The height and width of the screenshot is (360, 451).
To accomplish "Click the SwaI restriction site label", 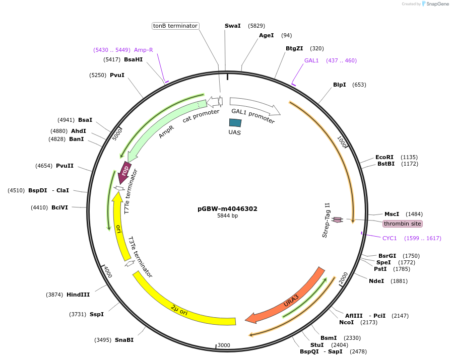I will pos(233,26).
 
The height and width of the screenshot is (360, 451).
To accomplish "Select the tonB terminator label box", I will pos(175,26).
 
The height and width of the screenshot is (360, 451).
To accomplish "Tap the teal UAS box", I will pos(235,123).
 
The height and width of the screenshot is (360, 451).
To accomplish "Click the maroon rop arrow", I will pos(124,172).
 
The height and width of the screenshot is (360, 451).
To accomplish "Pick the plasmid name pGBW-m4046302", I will pos(227,208).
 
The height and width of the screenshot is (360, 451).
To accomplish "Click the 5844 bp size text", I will pos(227,215).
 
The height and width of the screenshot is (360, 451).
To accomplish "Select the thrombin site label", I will pos(402,224).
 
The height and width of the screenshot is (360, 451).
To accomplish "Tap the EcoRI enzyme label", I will pos(384,157).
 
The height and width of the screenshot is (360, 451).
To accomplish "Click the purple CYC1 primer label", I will pos(390,238).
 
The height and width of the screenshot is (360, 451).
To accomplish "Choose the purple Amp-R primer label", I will pos(143,50).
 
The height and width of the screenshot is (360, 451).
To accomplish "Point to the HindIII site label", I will pos(78,295).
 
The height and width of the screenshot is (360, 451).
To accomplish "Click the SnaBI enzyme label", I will pos(124,340).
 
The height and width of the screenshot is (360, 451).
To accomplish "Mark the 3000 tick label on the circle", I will pos(224,345).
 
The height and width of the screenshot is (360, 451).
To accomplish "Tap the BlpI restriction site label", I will pos(340,85).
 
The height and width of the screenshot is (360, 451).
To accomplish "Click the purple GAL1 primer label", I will pos(311,60).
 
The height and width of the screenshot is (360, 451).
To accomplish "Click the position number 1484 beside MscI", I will pos(414,214).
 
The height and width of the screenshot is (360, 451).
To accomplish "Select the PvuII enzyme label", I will pos(65,166).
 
